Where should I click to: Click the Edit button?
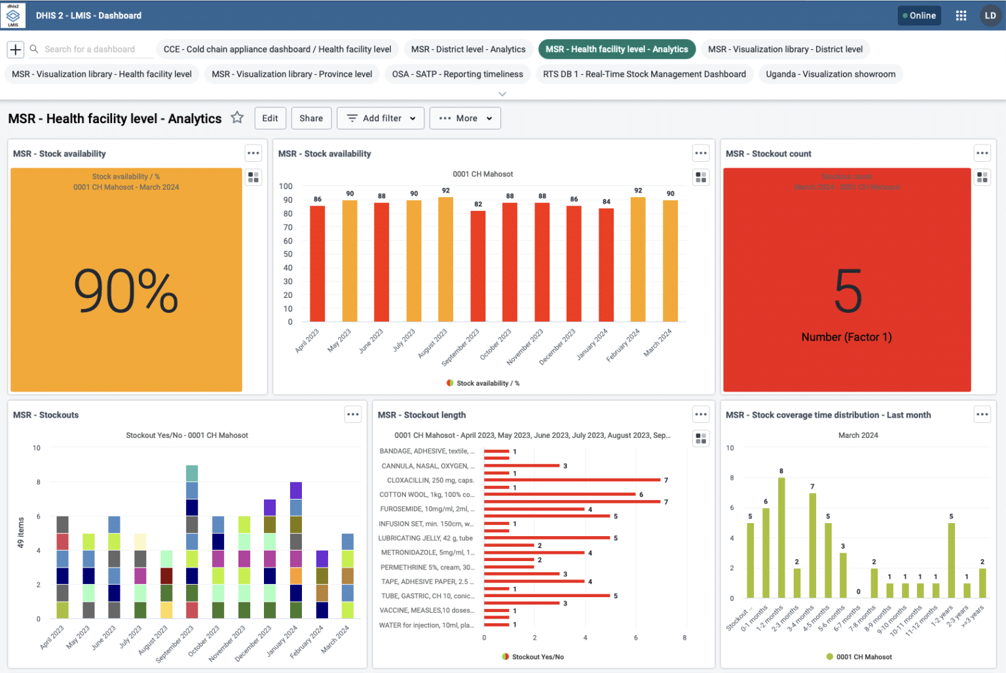point(270,118)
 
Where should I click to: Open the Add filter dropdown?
point(381,118)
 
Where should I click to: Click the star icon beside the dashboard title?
point(237,118)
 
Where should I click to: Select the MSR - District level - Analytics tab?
point(468,49)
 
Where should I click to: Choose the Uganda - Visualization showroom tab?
point(830,74)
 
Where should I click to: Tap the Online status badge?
point(919,16)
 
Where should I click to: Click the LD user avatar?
point(990,16)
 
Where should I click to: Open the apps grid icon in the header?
point(961,16)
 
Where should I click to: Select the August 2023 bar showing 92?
point(446,259)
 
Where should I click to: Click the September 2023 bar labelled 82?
point(478,265)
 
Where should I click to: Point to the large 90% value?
point(126,291)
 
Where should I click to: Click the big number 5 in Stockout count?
point(848,292)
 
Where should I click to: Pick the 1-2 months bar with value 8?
point(781,537)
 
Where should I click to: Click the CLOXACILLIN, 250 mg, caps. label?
point(430,481)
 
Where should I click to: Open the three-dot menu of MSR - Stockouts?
point(353,414)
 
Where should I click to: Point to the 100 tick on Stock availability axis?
point(286,187)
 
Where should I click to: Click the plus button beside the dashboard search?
point(16,49)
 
